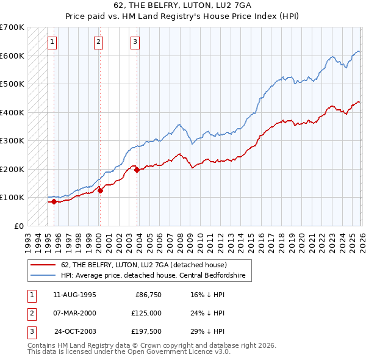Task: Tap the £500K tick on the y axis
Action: coord(12,84)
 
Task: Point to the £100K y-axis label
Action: coord(12,197)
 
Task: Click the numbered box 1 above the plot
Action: coord(52,42)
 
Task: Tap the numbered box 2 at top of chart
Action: coord(98,42)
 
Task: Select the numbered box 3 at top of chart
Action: coord(135,42)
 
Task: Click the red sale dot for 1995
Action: coord(54,201)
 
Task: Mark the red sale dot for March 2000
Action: coord(100,190)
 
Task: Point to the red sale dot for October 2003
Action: coord(137,170)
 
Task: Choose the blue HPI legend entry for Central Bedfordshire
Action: coord(152,276)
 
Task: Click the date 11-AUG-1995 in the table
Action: coord(74,294)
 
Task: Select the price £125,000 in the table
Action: coord(147,313)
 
